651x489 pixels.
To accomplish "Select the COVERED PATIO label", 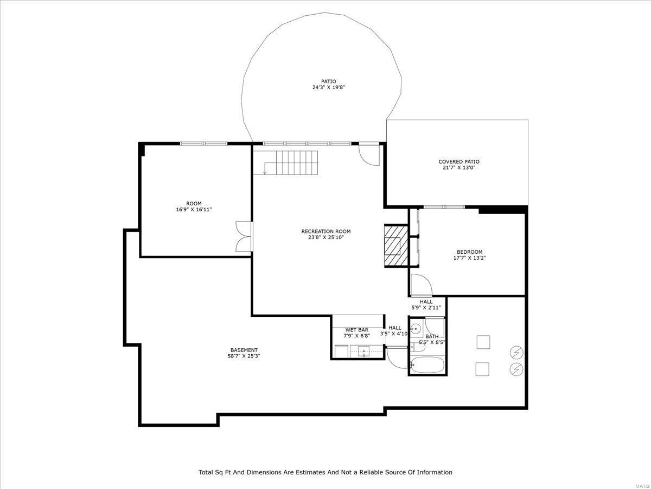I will click(x=459, y=161).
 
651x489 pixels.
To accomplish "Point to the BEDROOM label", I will click(x=469, y=252).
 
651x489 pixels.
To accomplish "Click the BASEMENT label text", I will click(x=244, y=350).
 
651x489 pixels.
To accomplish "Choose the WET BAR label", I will click(x=356, y=330).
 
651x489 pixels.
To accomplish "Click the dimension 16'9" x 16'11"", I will click(x=194, y=209).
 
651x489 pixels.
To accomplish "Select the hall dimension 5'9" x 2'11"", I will click(x=426, y=308).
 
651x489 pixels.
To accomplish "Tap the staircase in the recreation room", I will click(x=296, y=161).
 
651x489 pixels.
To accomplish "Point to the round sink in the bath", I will click(x=416, y=329).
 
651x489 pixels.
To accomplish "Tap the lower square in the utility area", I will click(x=483, y=369).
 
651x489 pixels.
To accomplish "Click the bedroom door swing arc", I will click(x=420, y=285).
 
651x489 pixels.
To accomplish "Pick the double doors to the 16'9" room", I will click(x=244, y=236).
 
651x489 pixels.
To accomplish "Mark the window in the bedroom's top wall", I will click(x=444, y=207).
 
